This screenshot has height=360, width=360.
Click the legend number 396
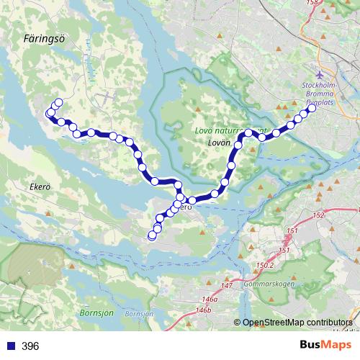(x=30, y=346)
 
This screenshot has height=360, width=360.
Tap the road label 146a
(x=210, y=298)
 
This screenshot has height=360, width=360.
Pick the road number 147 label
(x=228, y=286)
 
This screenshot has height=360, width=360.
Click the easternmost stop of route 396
(x=312, y=109)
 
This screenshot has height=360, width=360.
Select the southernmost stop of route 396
(x=152, y=235)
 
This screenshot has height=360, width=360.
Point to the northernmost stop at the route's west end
(x=58, y=102)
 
